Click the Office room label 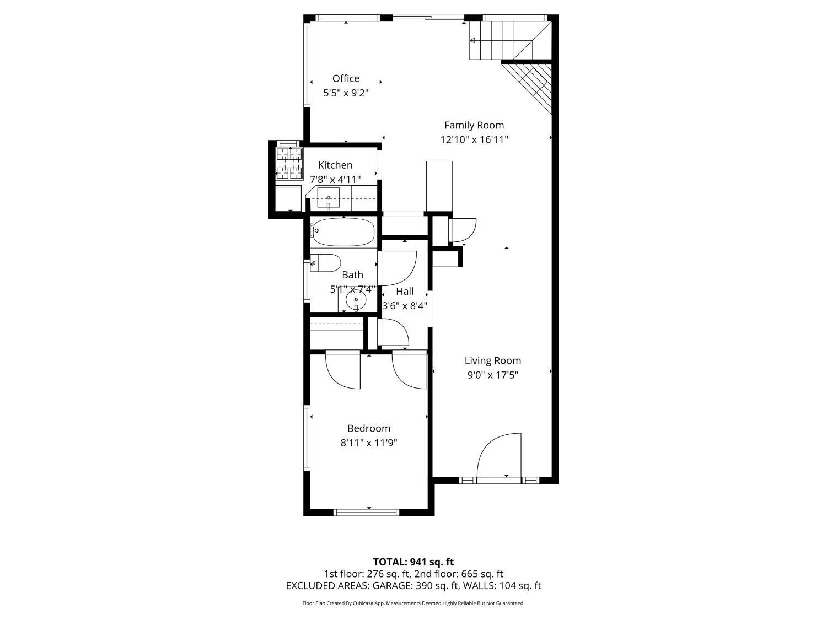(346, 78)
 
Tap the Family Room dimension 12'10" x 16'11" (474, 140)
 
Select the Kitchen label (335, 165)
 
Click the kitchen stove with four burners (289, 164)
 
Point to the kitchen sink (329, 198)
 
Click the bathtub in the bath (343, 231)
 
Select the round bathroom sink (356, 300)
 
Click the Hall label (405, 292)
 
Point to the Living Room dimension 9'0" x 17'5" (492, 375)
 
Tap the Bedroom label (369, 428)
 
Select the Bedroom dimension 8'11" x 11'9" (369, 443)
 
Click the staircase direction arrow (473, 40)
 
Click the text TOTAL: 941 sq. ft (413, 562)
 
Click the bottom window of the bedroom (367, 513)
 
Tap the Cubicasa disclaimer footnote (413, 603)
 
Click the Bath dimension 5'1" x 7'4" (352, 289)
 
